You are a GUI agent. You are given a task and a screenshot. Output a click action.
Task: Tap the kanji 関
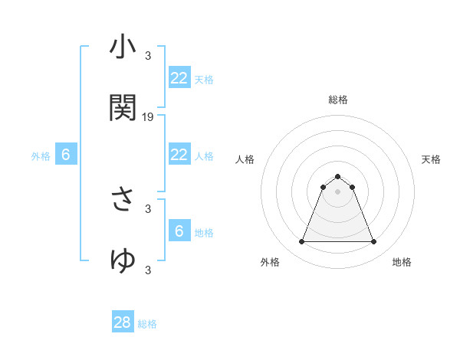click(123, 108)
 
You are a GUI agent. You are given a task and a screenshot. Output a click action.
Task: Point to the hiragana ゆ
click(123, 260)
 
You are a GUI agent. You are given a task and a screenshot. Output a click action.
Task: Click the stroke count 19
click(148, 117)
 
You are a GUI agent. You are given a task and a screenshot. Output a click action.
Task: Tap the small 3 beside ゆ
click(148, 269)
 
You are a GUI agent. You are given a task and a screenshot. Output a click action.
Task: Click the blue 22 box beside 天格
click(179, 78)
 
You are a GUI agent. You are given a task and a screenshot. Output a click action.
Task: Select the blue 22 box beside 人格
click(179, 155)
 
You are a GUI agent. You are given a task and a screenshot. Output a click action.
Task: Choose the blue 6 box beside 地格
click(179, 231)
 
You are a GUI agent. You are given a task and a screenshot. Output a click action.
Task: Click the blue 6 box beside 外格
click(66, 155)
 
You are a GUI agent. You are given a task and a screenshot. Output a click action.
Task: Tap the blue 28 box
click(123, 322)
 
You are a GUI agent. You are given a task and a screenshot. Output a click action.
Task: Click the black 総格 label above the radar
click(338, 100)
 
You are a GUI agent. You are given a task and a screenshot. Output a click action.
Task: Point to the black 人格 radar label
click(245, 159)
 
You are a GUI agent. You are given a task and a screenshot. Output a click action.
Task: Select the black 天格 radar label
click(431, 159)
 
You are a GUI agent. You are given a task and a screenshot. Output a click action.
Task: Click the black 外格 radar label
click(270, 263)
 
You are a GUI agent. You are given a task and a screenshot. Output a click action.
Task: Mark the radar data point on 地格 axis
click(373, 242)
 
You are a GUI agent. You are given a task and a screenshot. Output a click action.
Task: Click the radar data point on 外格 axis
click(302, 242)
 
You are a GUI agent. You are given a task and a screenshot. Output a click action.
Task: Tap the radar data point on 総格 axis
click(337, 177)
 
